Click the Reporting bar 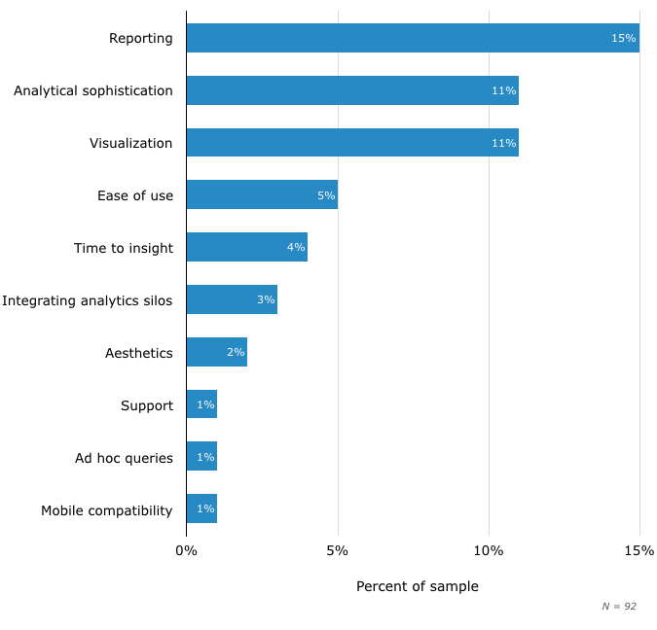(x=413, y=38)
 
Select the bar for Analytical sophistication (x=352, y=90)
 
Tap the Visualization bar (x=352, y=143)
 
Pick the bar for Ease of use (x=262, y=194)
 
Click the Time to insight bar (x=246, y=247)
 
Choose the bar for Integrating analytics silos (x=232, y=299)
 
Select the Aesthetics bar (x=216, y=352)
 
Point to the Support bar (x=201, y=404)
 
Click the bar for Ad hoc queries (x=201, y=457)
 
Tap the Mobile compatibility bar (x=201, y=509)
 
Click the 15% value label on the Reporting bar (x=623, y=38)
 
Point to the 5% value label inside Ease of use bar (x=326, y=195)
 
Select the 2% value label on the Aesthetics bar (x=236, y=352)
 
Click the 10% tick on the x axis (x=489, y=551)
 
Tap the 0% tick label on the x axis (x=186, y=551)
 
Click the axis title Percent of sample (x=418, y=586)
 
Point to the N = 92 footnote (x=619, y=606)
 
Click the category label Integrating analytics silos (x=88, y=300)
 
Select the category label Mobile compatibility (x=107, y=510)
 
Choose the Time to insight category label (x=124, y=248)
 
